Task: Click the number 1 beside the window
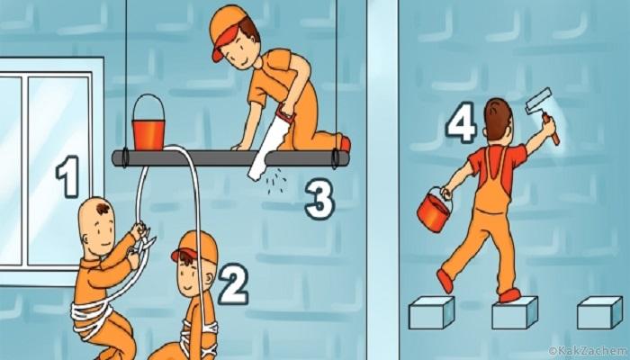(67, 176)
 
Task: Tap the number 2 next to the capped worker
(233, 283)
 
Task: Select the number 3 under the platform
(319, 199)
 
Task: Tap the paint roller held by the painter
(543, 113)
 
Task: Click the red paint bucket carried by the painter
(433, 211)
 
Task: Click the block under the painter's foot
(515, 312)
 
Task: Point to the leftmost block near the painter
(431, 312)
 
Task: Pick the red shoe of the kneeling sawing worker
(345, 144)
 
